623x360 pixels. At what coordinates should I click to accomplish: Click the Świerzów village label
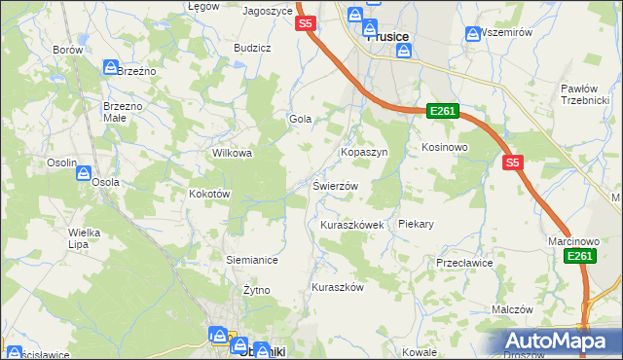point(336,186)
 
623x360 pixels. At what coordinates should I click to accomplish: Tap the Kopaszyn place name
point(364,153)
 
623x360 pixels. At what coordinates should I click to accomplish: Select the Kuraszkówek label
point(353,225)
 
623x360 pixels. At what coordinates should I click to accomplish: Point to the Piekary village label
point(416,224)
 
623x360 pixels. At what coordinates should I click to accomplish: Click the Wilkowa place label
point(233,153)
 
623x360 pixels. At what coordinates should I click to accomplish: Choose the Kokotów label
point(208,194)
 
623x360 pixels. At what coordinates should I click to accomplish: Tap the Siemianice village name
point(252,260)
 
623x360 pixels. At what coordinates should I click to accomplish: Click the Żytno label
point(256,290)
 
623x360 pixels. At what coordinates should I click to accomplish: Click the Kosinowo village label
point(445,147)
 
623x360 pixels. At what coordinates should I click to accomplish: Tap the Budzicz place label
point(252,47)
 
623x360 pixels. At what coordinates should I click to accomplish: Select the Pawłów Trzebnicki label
point(584,95)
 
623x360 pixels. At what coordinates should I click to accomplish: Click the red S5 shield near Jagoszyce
point(306,23)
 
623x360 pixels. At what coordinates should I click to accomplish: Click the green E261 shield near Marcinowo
point(581,255)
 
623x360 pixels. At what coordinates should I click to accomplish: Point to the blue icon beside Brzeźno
point(111,67)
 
